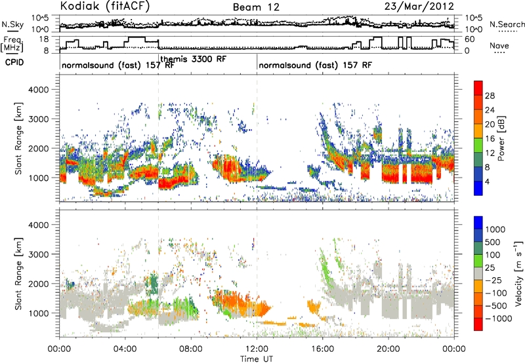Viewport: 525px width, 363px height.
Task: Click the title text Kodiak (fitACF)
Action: pyautogui.click(x=105, y=6)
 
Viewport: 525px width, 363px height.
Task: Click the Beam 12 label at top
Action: pyautogui.click(x=256, y=7)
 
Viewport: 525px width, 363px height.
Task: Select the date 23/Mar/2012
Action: pyautogui.click(x=419, y=7)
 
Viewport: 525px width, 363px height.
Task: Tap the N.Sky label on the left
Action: pyautogui.click(x=12, y=24)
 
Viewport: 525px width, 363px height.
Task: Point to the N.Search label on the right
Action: pyautogui.click(x=507, y=24)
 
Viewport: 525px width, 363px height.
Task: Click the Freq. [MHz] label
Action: pyautogui.click(x=12, y=44)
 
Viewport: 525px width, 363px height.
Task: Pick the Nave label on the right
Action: pyautogui.click(x=499, y=45)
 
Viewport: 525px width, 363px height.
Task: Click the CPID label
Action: pyautogui.click(x=14, y=62)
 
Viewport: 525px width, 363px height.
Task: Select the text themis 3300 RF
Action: pyautogui.click(x=194, y=59)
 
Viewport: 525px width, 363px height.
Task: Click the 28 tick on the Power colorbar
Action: pyautogui.click(x=490, y=96)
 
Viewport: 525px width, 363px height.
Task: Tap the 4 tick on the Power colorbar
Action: pyautogui.click(x=487, y=181)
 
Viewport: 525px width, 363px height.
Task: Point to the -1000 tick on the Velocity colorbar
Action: pyautogui.click(x=499, y=318)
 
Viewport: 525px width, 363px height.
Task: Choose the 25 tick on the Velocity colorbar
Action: pyautogui.click(x=490, y=267)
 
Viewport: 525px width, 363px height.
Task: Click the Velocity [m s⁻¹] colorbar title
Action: pyautogui.click(x=518, y=273)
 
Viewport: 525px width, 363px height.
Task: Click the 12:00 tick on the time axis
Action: pyautogui.click(x=257, y=349)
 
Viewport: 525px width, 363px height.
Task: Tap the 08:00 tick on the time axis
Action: pyautogui.click(x=191, y=349)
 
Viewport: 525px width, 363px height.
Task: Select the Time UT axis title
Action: pyautogui.click(x=257, y=359)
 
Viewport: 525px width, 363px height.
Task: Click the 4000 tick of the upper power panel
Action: pyautogui.click(x=39, y=90)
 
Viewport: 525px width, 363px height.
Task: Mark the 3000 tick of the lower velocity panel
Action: pyautogui.click(x=39, y=254)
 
